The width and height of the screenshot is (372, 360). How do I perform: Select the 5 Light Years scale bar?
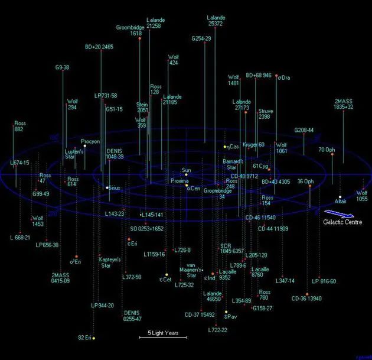[162, 337]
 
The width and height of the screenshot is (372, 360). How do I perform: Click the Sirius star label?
[114, 187]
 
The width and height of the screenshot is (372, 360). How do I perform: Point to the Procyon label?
[90, 142]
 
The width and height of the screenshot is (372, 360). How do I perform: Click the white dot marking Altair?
[340, 197]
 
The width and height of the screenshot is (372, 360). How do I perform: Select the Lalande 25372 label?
[216, 21]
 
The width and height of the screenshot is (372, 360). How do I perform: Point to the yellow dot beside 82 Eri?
[94, 338]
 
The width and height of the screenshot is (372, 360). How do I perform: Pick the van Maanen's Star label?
[191, 271]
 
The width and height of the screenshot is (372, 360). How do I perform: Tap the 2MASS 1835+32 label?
[344, 104]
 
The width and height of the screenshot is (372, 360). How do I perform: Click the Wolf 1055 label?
[361, 196]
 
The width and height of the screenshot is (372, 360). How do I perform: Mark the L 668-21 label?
[20, 237]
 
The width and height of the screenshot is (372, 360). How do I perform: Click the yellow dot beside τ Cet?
[167, 274]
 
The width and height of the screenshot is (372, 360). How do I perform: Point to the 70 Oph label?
[327, 150]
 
